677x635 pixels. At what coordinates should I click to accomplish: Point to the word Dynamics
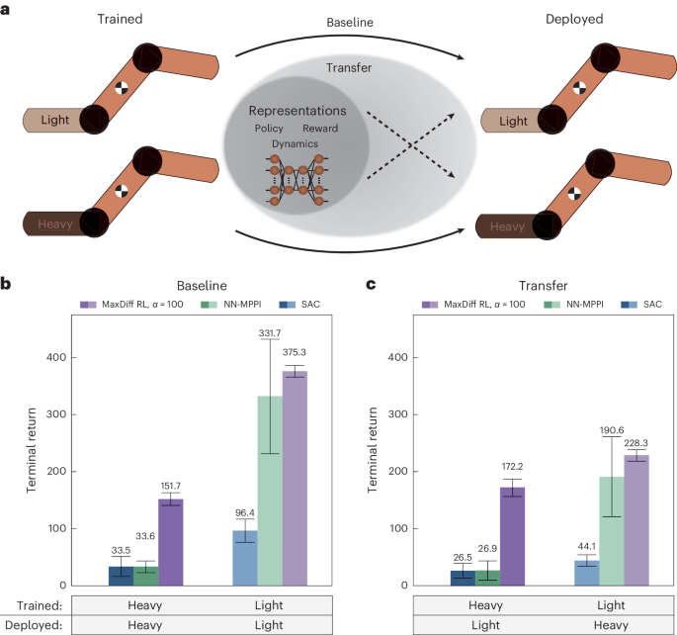(291, 143)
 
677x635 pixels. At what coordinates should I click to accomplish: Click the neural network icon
(291, 177)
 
